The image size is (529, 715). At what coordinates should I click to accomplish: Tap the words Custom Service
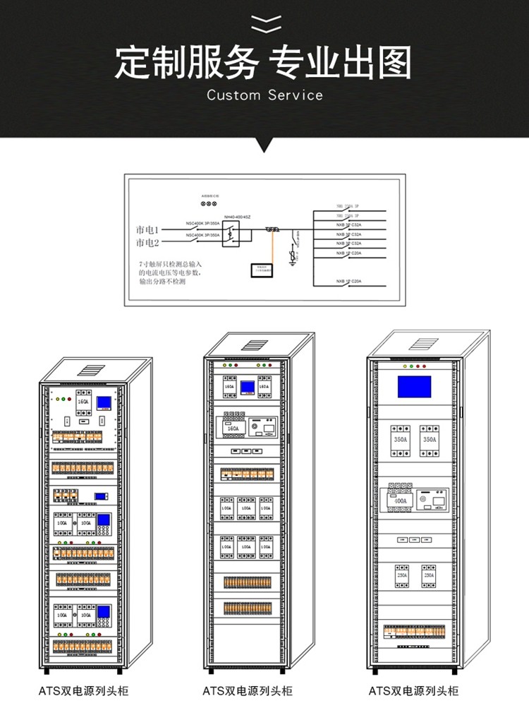pos(264,95)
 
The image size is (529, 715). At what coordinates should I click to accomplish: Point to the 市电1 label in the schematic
pos(148,229)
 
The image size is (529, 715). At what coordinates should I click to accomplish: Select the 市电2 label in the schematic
pos(148,243)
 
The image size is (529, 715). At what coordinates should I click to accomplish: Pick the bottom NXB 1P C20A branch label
pos(348,282)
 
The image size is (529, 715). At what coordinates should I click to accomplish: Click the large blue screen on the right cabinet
pos(414,387)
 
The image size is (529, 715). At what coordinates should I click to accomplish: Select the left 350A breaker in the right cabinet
pos(400,438)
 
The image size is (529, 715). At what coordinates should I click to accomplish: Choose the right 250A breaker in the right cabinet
pos(428,575)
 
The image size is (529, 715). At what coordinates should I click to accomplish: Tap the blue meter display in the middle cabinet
pos(248,387)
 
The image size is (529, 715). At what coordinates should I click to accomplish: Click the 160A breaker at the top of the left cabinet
pos(83,403)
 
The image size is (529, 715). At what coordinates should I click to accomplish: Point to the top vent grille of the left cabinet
pos(91,369)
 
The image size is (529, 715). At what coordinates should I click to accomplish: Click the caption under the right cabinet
pos(414,691)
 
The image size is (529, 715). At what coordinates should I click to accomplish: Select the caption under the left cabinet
pos(83,691)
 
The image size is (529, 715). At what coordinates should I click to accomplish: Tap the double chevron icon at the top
pos(265,23)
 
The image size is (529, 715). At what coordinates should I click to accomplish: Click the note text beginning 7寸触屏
pos(170,272)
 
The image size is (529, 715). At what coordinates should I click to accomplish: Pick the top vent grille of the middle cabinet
pos(255,345)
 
